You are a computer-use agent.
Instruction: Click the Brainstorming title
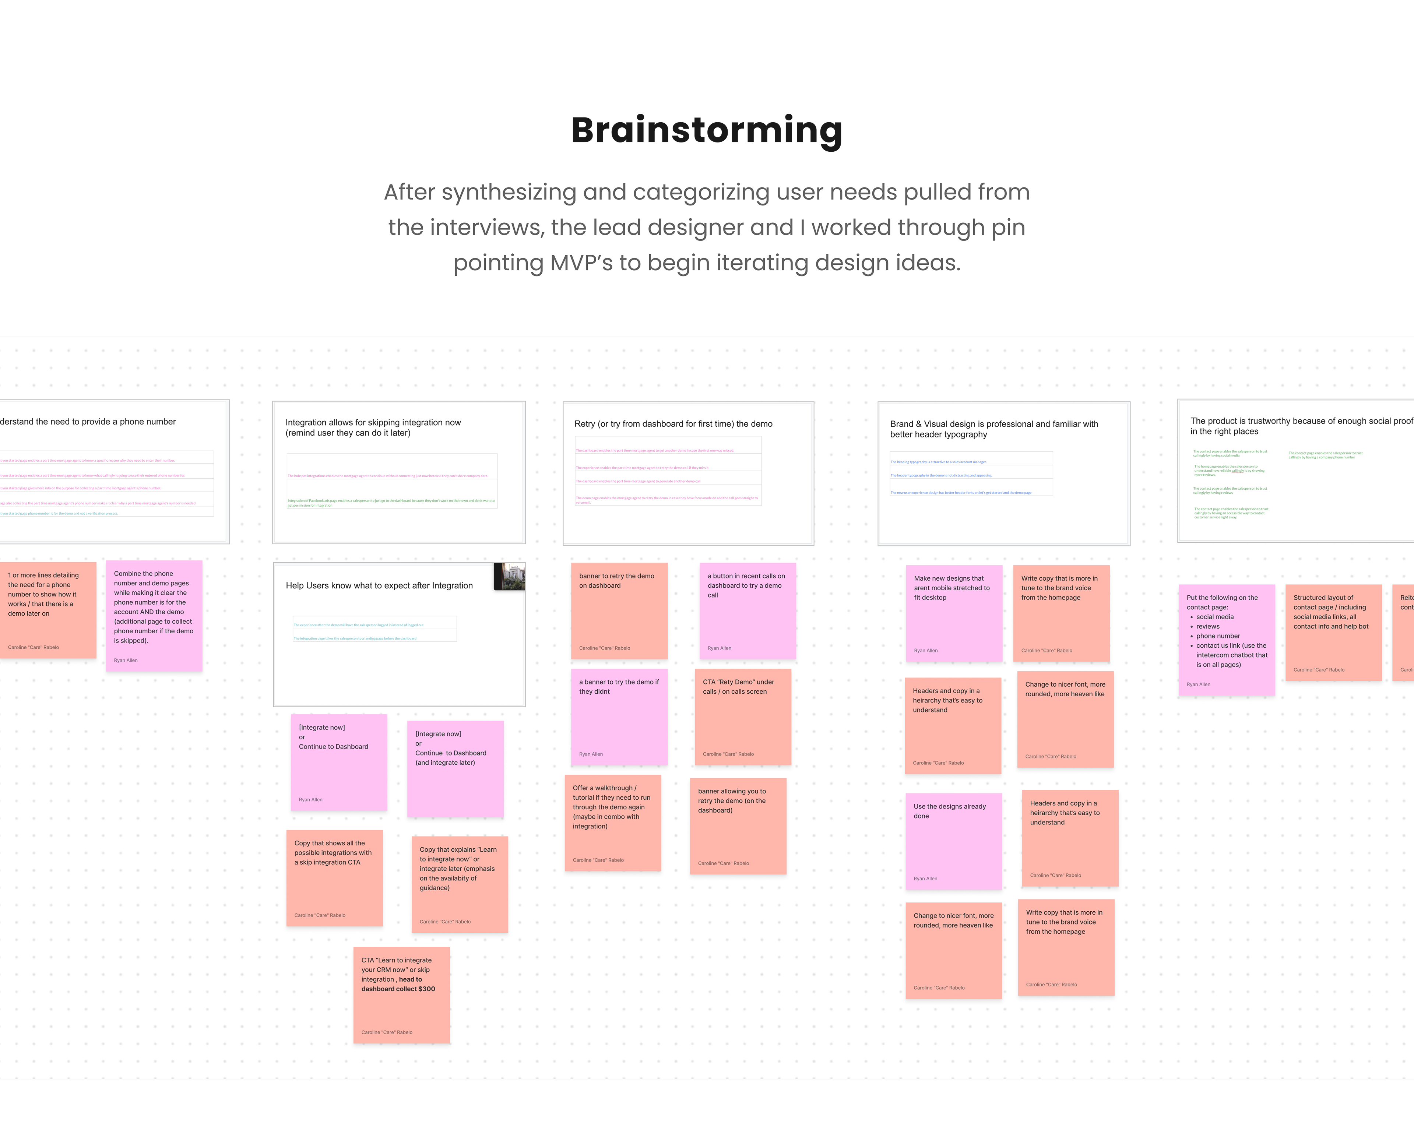[706, 130]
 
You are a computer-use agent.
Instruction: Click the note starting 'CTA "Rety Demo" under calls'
[742, 717]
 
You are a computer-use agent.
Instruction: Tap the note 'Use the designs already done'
[954, 841]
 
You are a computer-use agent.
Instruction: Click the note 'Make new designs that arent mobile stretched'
[954, 613]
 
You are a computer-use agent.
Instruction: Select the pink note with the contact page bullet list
[1227, 639]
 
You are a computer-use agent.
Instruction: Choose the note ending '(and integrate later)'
[455, 768]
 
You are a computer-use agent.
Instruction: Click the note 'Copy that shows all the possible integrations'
[334, 877]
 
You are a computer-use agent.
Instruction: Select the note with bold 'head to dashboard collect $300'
[401, 994]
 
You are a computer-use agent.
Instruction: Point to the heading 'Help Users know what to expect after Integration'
[379, 585]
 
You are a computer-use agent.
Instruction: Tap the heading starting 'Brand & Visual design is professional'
[993, 429]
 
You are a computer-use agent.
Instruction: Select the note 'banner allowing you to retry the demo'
[738, 826]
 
